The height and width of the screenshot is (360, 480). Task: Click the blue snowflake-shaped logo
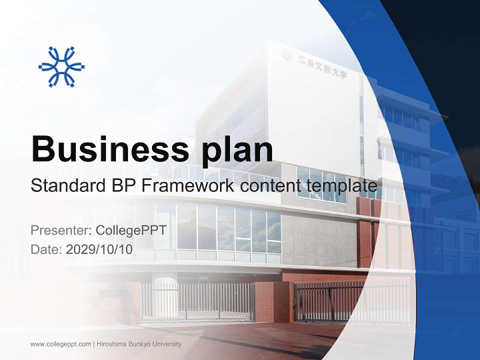pyautogui.click(x=61, y=66)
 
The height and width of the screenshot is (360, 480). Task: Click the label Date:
pyautogui.click(x=46, y=249)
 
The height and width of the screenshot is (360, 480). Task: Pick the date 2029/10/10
pyautogui.click(x=99, y=249)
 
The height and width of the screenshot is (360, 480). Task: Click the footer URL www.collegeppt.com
pyautogui.click(x=60, y=344)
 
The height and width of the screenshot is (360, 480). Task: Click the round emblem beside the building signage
pyautogui.click(x=287, y=54)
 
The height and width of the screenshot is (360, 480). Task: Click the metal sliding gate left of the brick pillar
pyautogui.click(x=200, y=301)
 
